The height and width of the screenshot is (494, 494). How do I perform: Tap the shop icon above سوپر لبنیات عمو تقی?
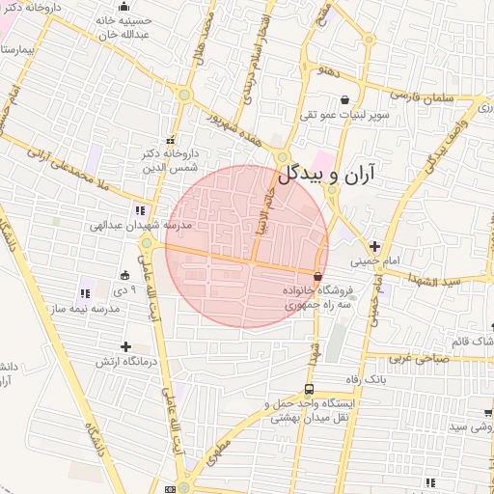click(346, 99)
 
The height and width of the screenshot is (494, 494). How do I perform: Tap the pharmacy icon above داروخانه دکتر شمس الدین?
click(171, 138)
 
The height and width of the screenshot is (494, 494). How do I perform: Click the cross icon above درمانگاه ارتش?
click(125, 345)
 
